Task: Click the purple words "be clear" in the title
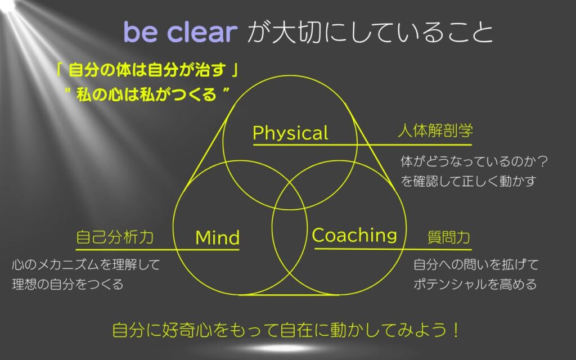(x=181, y=31)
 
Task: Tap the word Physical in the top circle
(x=290, y=133)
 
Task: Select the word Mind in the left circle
(x=218, y=238)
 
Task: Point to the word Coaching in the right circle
(x=354, y=235)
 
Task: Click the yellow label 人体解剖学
(x=435, y=130)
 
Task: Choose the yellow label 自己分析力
(x=115, y=237)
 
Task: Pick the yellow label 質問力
(x=448, y=237)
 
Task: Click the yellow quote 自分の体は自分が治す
(x=147, y=70)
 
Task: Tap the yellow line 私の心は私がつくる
(x=147, y=94)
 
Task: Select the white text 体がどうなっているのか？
(x=474, y=161)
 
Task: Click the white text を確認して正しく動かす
(x=469, y=181)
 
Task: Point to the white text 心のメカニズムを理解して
(x=86, y=264)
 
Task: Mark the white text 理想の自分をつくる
(x=67, y=284)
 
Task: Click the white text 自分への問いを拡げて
(x=476, y=264)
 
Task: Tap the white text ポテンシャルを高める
(x=475, y=284)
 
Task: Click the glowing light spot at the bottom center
(x=274, y=348)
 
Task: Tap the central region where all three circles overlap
(x=290, y=196)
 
